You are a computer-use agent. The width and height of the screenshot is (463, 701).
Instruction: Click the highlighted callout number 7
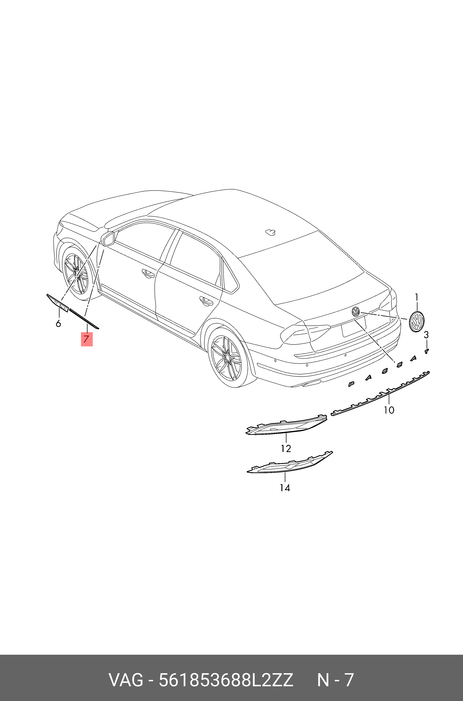(x=87, y=339)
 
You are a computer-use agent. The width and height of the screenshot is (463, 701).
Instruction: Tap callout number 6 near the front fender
(x=58, y=324)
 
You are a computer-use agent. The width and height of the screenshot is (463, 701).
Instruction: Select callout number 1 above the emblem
(x=417, y=297)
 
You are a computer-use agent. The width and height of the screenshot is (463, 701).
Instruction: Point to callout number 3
(x=426, y=335)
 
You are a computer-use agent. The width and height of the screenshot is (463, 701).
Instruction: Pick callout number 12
(x=286, y=448)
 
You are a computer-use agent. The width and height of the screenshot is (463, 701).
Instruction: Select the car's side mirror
(x=108, y=239)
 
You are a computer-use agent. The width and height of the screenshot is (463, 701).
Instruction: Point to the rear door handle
(x=206, y=301)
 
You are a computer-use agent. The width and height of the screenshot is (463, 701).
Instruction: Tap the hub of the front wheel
(x=77, y=275)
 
